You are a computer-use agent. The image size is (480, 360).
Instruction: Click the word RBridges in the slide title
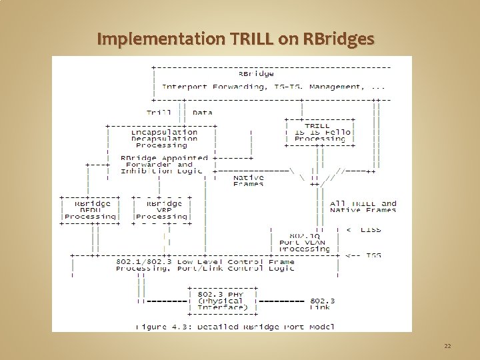339,39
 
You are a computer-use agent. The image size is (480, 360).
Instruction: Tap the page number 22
447,346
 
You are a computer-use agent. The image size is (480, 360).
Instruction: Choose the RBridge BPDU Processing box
90,210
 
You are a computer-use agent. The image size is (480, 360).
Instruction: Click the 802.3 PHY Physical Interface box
222,301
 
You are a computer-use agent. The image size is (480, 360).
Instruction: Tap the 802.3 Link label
323,304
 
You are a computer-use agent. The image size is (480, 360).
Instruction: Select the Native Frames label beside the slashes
249,181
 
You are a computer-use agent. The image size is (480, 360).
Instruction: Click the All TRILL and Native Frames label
363,207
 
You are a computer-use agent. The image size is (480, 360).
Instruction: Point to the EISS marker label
368,230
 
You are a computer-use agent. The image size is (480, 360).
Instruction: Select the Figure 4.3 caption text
235,327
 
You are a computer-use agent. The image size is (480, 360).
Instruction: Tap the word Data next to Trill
202,113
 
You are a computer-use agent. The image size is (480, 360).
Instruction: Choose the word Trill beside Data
159,113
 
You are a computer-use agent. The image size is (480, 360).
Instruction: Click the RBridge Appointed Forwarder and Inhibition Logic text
164,165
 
